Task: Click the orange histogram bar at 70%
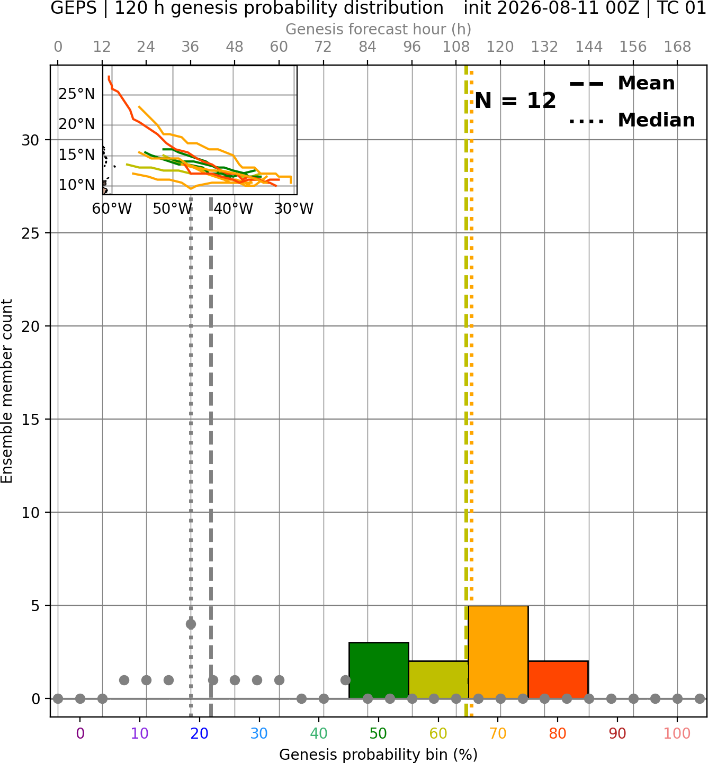click(498, 652)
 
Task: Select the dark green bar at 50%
click(379, 670)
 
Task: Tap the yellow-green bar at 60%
click(438, 679)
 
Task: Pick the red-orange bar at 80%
click(558, 679)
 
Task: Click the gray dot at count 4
click(191, 624)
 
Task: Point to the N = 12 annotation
click(515, 101)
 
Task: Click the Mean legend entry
click(622, 84)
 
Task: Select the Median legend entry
click(632, 120)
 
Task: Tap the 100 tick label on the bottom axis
click(677, 733)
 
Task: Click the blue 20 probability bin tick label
click(200, 733)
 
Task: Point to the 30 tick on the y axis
click(30, 140)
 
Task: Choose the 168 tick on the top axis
click(677, 47)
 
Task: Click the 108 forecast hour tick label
click(456, 47)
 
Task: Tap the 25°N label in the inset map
click(77, 94)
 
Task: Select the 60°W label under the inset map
click(112, 209)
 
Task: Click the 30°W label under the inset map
click(294, 209)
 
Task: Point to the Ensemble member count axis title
click(6, 391)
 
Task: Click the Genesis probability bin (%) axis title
click(379, 755)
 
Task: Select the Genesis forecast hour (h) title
click(379, 29)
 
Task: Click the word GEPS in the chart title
click(74, 8)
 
